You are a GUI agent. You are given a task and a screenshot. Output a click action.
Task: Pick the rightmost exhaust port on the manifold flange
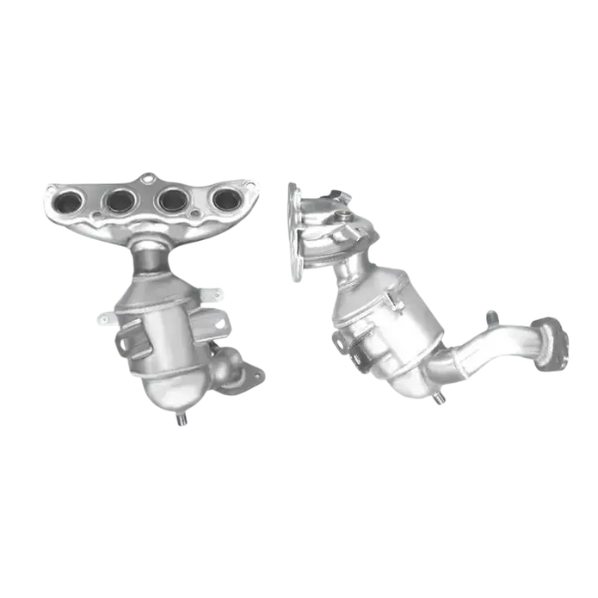[x=225, y=200]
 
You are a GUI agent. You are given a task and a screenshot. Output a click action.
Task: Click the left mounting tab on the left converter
[x=102, y=319]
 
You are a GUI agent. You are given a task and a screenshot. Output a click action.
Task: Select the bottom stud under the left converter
[x=182, y=421]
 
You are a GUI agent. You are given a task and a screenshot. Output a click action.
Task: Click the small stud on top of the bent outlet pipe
[x=490, y=316]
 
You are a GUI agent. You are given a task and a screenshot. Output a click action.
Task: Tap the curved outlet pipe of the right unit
[x=490, y=348]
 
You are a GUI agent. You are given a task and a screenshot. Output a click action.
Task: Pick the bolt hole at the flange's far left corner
[x=48, y=188]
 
